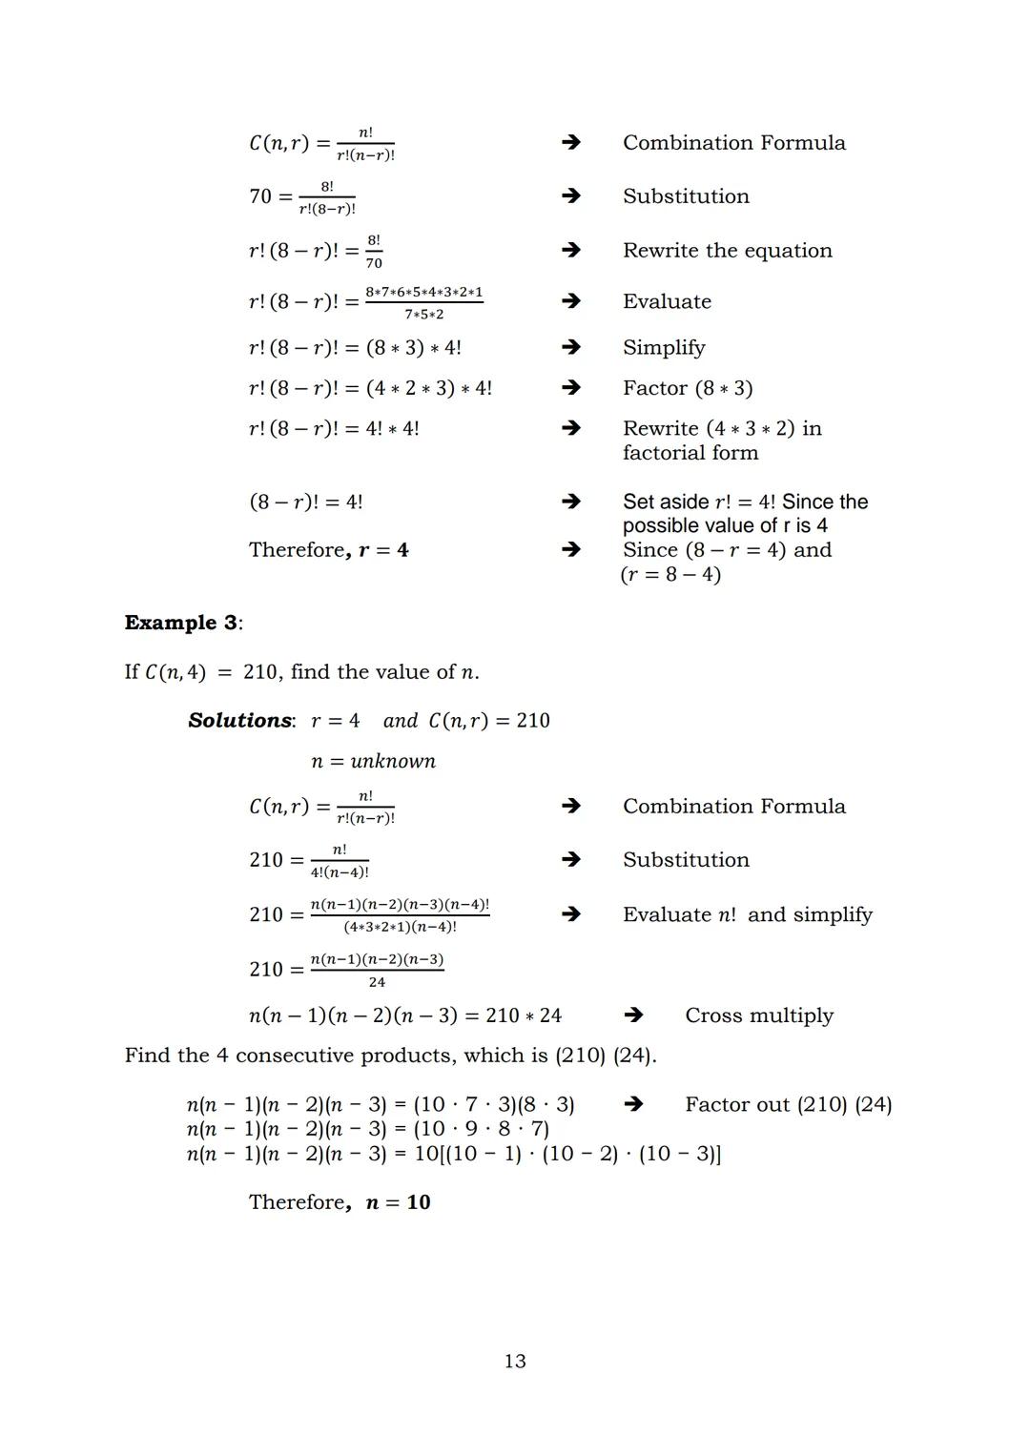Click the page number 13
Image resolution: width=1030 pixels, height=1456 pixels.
click(515, 1361)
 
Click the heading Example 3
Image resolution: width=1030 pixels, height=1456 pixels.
click(181, 623)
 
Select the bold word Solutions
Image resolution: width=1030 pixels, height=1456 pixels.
click(240, 721)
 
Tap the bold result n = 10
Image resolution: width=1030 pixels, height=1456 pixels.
click(398, 1202)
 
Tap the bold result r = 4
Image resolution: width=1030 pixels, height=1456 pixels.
click(383, 550)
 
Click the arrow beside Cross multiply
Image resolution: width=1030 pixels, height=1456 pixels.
click(632, 1015)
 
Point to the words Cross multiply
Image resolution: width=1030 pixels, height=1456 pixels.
click(759, 1015)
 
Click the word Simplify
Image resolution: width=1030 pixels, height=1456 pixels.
click(664, 347)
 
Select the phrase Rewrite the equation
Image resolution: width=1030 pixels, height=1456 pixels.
click(727, 250)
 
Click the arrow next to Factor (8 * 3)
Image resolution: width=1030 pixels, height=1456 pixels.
click(570, 388)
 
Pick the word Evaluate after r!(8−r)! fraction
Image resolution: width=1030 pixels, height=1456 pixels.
click(667, 301)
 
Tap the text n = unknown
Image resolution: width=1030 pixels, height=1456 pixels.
click(373, 761)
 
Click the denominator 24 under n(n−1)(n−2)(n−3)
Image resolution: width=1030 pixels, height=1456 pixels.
click(377, 982)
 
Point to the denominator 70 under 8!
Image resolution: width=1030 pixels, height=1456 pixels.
click(374, 263)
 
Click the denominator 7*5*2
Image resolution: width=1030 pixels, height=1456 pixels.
click(423, 315)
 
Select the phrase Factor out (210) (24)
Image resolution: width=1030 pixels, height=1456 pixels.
click(788, 1104)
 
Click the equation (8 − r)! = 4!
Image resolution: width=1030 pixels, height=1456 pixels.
click(305, 502)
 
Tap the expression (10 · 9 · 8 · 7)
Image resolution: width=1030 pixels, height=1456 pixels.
click(481, 1129)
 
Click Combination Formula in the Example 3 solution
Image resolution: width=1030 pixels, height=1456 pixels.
click(733, 807)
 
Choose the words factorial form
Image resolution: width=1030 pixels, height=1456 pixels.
click(690, 453)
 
